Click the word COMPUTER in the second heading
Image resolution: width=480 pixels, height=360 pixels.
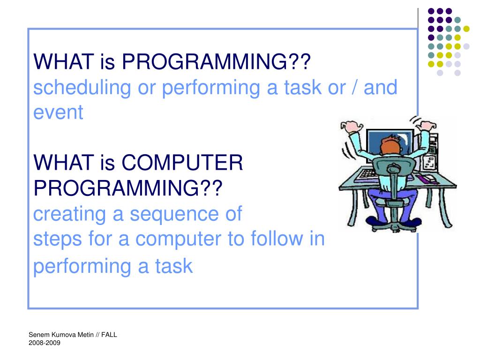(x=182, y=163)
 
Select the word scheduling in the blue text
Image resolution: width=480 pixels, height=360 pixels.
(x=82, y=88)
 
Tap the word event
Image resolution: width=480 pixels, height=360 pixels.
(x=58, y=112)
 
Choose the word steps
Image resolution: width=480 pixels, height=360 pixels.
(x=58, y=239)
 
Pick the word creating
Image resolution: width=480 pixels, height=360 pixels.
(x=69, y=214)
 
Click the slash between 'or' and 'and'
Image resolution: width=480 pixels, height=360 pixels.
(x=354, y=88)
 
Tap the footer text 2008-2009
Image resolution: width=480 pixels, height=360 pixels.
(x=45, y=343)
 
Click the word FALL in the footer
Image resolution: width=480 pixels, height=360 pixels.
(x=109, y=335)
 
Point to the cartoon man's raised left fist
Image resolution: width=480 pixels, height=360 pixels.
(x=351, y=126)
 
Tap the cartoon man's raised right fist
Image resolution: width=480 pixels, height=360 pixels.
(x=427, y=126)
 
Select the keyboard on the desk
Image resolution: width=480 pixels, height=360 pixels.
(x=367, y=174)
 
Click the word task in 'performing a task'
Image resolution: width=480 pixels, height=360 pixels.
(x=174, y=266)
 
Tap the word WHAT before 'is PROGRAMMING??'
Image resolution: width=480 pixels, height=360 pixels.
(x=64, y=61)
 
